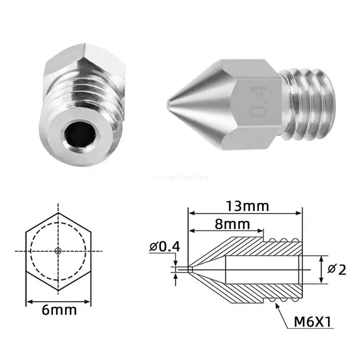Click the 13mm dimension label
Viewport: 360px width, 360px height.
[x=247, y=206]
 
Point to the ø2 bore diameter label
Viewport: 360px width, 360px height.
[x=337, y=270]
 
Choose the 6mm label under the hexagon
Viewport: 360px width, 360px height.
[x=58, y=310]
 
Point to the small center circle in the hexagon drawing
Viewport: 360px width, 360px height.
[x=58, y=250]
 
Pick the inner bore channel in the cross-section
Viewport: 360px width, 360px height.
[x=261, y=270]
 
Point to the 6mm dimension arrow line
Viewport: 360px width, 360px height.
[x=58, y=301]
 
